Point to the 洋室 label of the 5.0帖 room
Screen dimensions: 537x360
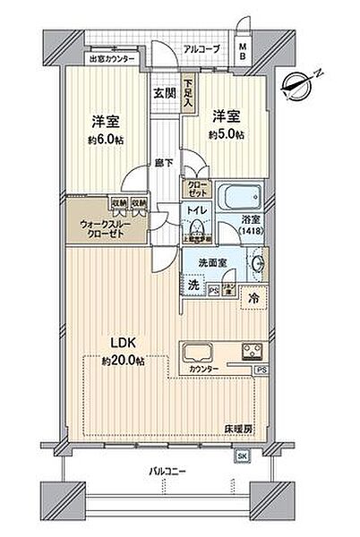tap(224, 115)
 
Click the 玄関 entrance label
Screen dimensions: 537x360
tap(163, 92)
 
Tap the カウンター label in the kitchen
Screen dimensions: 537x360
tap(202, 368)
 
